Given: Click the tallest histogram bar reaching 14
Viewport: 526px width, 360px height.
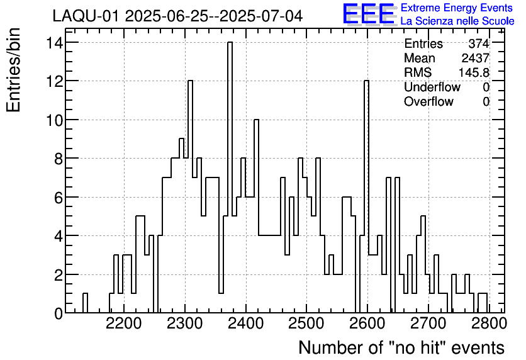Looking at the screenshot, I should coord(230,176).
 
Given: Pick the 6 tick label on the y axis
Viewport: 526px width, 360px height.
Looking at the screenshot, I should coord(57,198).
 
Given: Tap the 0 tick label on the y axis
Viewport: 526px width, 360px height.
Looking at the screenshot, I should coord(57,313).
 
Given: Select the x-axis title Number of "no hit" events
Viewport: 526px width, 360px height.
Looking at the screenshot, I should coord(401,347).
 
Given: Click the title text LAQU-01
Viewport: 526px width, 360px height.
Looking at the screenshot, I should coord(86,16).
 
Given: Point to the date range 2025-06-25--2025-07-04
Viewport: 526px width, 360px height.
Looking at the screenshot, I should coord(213,16).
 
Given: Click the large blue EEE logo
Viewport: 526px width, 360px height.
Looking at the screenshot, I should coord(368,14).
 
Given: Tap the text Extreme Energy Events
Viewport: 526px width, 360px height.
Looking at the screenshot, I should coord(456,8).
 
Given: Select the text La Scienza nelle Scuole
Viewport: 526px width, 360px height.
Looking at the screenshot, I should coord(457,21).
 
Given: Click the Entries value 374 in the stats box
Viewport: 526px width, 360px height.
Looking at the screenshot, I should coord(479,44).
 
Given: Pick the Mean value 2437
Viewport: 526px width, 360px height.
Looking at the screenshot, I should coord(476,59).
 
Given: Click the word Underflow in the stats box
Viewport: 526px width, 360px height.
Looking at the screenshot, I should coord(432,87).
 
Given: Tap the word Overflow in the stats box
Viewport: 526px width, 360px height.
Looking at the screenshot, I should coord(428,102).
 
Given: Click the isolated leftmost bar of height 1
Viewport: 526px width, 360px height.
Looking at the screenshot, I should coord(85,303).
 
